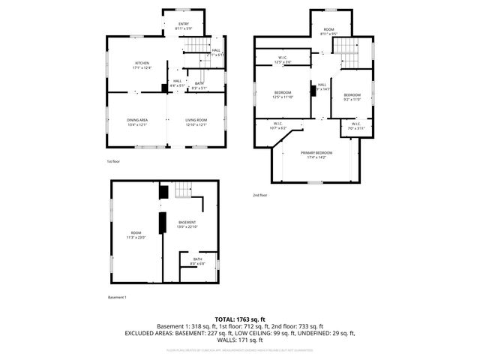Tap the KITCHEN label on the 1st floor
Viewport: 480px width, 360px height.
tap(142, 65)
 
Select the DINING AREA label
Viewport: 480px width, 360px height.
tap(136, 121)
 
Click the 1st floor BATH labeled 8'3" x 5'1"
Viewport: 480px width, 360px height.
tap(199, 85)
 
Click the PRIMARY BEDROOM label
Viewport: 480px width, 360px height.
tap(316, 154)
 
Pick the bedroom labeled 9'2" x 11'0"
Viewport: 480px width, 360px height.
tap(352, 96)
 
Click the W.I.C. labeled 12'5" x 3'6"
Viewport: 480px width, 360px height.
tap(282, 59)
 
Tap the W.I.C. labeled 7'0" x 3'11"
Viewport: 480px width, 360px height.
tap(356, 126)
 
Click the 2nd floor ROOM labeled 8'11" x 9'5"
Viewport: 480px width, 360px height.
tap(328, 31)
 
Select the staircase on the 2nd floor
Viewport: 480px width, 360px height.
tap(346, 52)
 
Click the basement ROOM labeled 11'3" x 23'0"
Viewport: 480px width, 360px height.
tap(135, 235)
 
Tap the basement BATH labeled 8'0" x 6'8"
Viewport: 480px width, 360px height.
tap(197, 262)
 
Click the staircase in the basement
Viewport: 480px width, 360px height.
tap(184, 192)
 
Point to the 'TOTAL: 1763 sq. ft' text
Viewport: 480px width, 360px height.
tap(240, 319)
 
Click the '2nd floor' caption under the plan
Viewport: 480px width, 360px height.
tap(260, 196)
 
